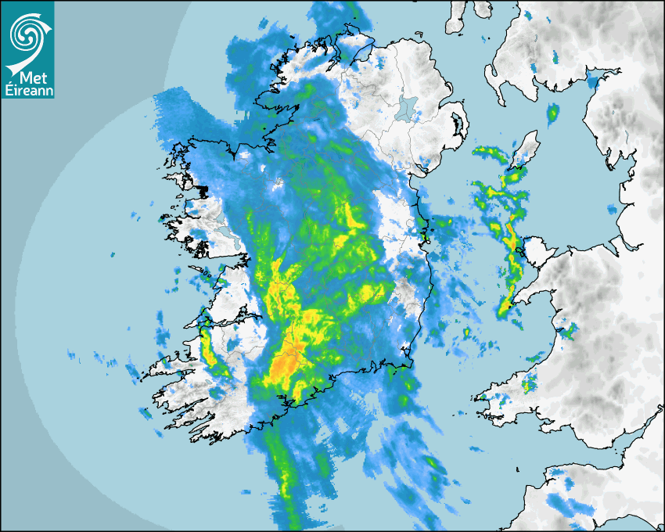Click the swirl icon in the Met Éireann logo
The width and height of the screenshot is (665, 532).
[27, 33]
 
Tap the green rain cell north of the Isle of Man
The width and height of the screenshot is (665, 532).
[553, 115]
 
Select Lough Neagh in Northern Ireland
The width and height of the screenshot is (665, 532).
[407, 106]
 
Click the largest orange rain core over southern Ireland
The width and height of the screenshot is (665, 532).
[283, 365]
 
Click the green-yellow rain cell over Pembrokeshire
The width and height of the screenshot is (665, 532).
[530, 383]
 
